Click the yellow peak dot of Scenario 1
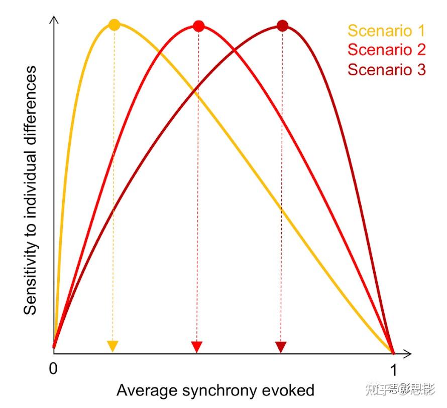click(x=115, y=25)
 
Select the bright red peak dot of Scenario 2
click(x=198, y=26)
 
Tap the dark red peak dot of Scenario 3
click(x=282, y=26)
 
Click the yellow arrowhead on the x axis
click(x=113, y=346)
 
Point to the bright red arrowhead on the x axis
click(x=197, y=346)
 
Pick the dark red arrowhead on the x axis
click(x=281, y=346)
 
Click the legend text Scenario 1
click(x=386, y=31)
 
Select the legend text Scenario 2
click(x=386, y=50)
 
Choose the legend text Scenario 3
click(x=386, y=69)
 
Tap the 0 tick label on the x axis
click(x=53, y=369)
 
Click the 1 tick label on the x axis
click(x=394, y=370)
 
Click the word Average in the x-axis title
click(x=142, y=390)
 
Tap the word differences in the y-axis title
click(x=31, y=100)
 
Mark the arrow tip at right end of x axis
click(x=411, y=354)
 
